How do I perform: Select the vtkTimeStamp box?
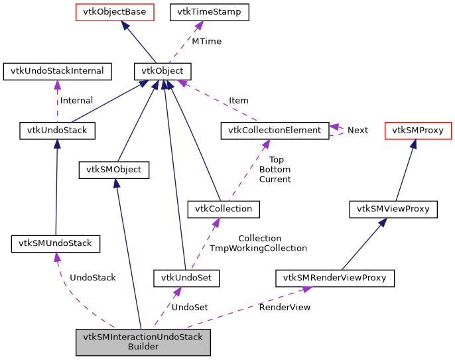(210, 12)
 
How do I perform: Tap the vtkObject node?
(162, 71)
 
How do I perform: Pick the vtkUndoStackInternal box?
(57, 71)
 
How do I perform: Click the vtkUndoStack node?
(57, 131)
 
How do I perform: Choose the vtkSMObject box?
(114, 170)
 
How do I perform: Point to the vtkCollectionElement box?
(274, 131)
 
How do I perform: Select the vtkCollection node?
(223, 209)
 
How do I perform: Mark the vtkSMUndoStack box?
(56, 244)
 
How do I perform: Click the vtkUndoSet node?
(186, 277)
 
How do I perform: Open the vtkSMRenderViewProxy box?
(335, 277)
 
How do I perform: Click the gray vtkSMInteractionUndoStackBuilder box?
(143, 341)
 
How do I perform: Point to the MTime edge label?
(206, 41)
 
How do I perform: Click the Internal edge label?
(76, 101)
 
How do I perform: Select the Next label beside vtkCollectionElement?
(357, 130)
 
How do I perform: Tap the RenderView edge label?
(285, 307)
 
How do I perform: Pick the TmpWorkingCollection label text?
(258, 248)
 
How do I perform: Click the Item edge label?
(239, 101)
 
